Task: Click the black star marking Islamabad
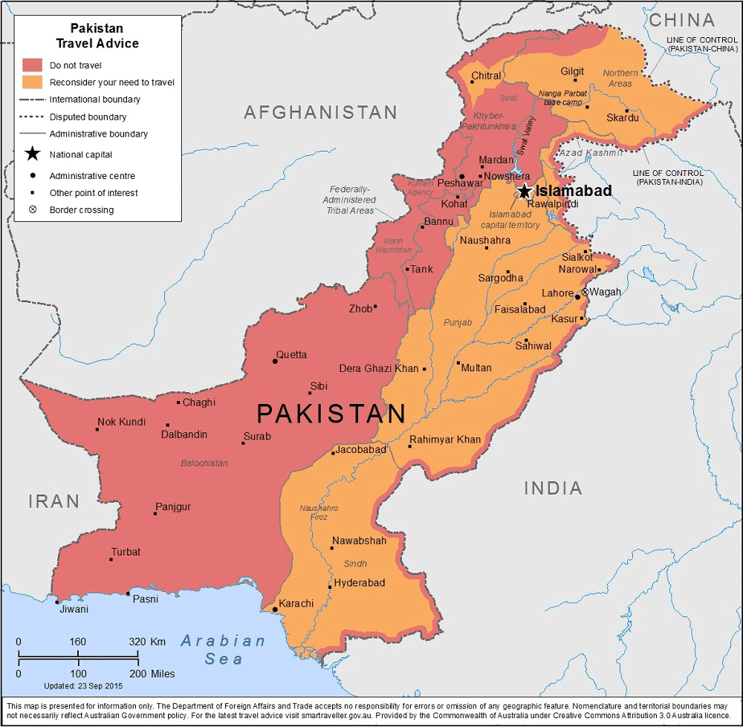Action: (525, 192)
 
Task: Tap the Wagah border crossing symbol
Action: (585, 293)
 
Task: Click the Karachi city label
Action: (297, 603)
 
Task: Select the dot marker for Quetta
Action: (276, 361)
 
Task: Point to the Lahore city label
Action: (557, 293)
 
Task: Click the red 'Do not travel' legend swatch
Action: (32, 65)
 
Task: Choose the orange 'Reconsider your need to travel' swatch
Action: (32, 82)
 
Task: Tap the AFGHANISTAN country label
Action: (320, 113)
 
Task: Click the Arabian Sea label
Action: (224, 649)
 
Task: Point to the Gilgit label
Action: (572, 71)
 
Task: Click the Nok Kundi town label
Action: (121, 422)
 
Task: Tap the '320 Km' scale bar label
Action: (147, 642)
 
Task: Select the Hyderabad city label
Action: (360, 583)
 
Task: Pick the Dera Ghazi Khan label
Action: (379, 368)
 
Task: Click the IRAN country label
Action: (53, 501)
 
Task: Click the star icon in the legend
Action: (32, 154)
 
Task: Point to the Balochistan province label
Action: (204, 463)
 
